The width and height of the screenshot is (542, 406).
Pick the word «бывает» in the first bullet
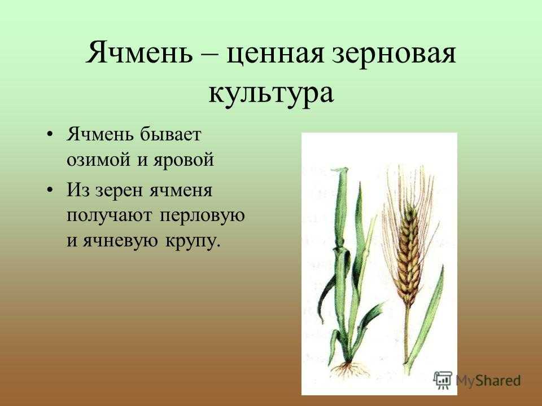click(170, 134)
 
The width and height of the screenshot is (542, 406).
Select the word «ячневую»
click(120, 241)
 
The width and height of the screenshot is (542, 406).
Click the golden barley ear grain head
click(409, 255)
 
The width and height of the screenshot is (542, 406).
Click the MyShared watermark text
click(488, 381)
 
